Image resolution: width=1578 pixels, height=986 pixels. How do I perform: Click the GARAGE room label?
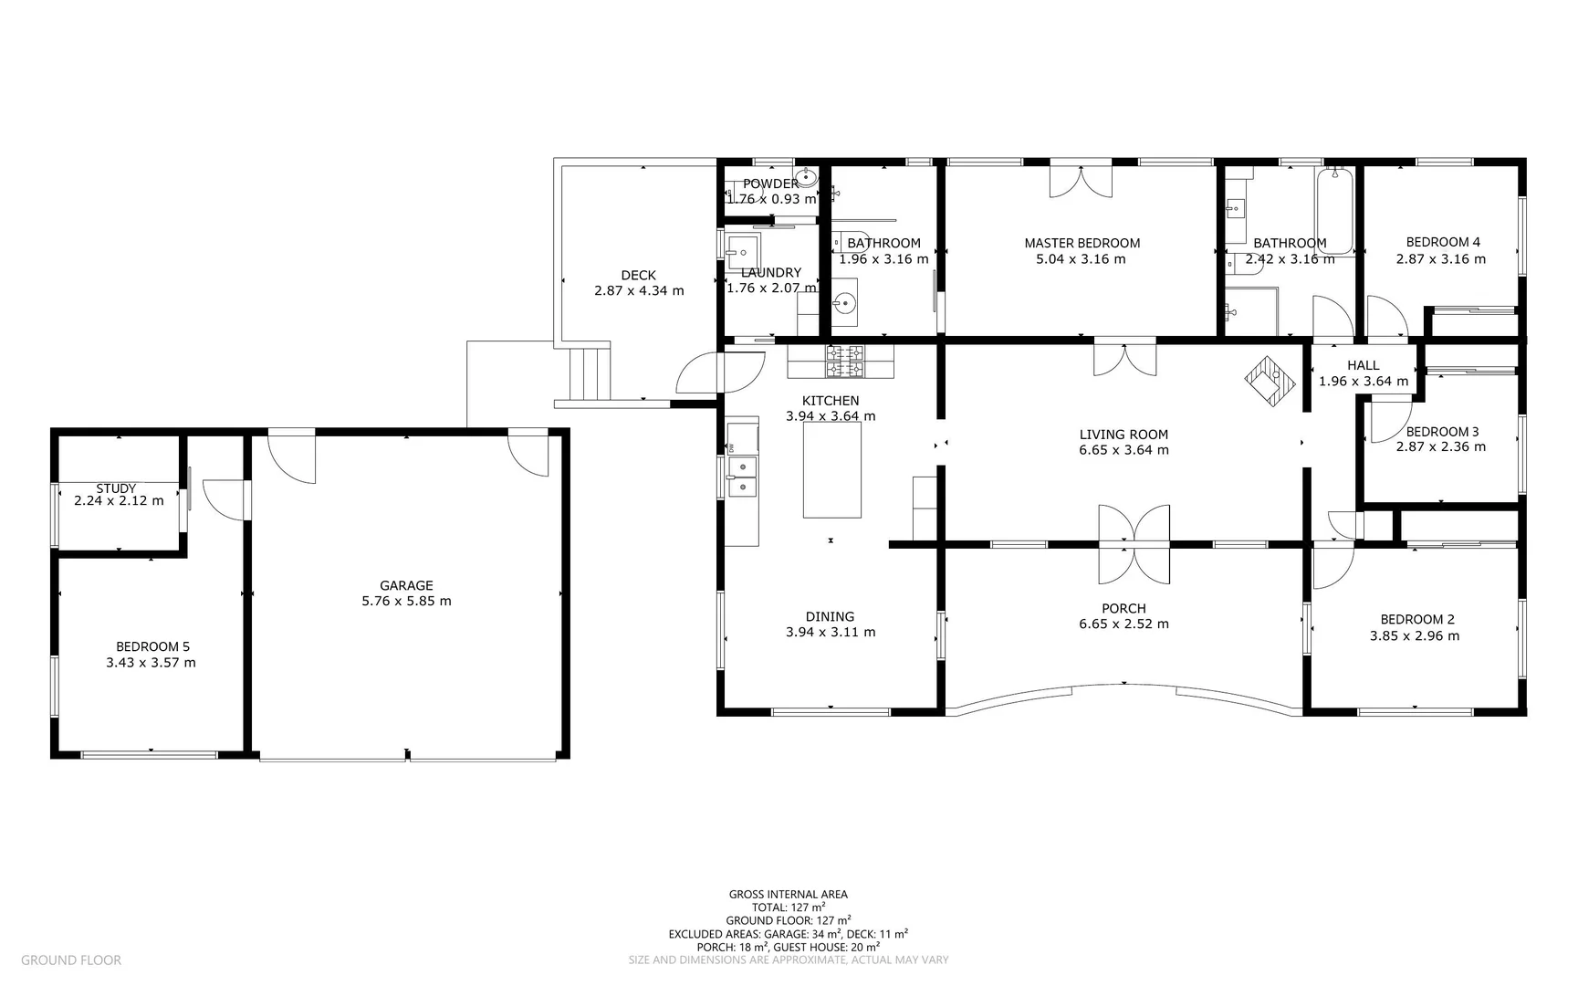coord(406,585)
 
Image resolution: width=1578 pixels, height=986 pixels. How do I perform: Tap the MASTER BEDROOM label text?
coord(1082,243)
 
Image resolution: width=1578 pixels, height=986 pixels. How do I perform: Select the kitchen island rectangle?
coord(831,470)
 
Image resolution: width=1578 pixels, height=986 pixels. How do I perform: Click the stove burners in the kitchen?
coord(845,362)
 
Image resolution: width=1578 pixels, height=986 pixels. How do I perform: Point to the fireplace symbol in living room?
coord(1270,379)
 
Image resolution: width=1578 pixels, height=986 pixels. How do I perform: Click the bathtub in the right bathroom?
coord(1334,212)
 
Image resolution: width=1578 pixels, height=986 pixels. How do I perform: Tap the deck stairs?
coord(589,372)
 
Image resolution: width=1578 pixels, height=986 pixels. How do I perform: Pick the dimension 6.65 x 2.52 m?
coord(1123,624)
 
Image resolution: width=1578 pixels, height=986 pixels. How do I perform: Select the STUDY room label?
coord(116,488)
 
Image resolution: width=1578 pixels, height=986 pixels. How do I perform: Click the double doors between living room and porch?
coord(1134,544)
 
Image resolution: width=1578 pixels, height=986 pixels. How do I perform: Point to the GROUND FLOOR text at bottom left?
coord(71,960)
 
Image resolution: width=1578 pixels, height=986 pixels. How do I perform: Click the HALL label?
coord(1363,365)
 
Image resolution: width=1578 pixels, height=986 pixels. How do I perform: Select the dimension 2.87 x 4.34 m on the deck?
coord(638,291)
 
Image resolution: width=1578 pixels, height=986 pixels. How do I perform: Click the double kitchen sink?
coord(743,477)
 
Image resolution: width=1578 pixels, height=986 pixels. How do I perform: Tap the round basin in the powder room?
coord(804,178)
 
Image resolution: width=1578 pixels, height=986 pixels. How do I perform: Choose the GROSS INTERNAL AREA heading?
coord(788,895)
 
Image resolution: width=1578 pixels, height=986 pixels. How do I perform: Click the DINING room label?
coord(830,616)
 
